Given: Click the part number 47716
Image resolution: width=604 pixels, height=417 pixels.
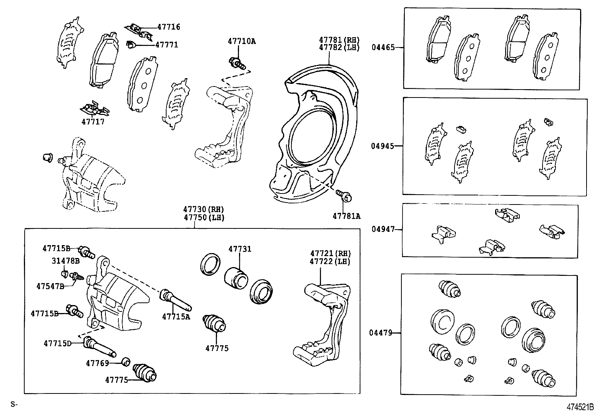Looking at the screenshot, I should pyautogui.click(x=168, y=27).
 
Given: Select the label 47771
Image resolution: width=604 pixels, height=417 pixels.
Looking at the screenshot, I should pyautogui.click(x=167, y=45).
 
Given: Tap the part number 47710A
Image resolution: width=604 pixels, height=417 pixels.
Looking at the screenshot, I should pyautogui.click(x=242, y=41).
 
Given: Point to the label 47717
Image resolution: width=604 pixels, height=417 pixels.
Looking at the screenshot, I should pyautogui.click(x=93, y=122).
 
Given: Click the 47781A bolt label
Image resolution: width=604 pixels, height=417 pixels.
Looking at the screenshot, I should pyautogui.click(x=346, y=216).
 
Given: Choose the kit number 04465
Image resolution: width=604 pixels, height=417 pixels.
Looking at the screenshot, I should pyautogui.click(x=383, y=47).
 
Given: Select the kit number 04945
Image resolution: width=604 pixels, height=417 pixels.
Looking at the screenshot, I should pyautogui.click(x=383, y=146).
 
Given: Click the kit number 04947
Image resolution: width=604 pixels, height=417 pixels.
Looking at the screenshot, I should pyautogui.click(x=383, y=229).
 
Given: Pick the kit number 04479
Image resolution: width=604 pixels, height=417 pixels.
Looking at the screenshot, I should pyautogui.click(x=381, y=333).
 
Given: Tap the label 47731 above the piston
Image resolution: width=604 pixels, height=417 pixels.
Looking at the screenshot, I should pyautogui.click(x=239, y=249).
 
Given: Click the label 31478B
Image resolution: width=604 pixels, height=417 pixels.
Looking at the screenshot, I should pyautogui.click(x=66, y=261).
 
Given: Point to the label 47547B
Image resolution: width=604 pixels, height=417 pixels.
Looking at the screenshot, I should pyautogui.click(x=50, y=286).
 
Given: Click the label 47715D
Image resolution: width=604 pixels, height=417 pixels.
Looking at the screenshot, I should pyautogui.click(x=57, y=343).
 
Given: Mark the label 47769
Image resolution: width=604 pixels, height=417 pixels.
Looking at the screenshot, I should pyautogui.click(x=98, y=363).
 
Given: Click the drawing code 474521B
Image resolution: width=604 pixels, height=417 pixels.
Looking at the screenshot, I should pyautogui.click(x=580, y=407).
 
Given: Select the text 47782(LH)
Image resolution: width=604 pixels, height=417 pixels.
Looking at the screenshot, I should pyautogui.click(x=339, y=48).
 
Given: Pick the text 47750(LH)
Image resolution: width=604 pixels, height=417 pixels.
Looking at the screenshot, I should pyautogui.click(x=204, y=217).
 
